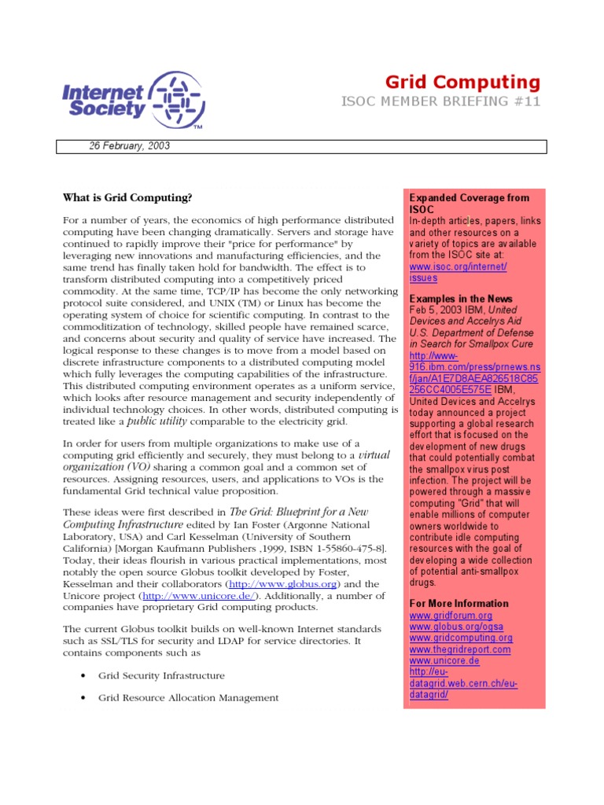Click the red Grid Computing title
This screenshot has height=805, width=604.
point(462,83)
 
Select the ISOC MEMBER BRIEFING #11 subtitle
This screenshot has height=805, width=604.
point(440,102)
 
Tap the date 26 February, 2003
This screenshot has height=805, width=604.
point(129,146)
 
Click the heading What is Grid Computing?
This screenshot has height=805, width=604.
point(127,197)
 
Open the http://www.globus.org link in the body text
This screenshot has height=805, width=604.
point(273,584)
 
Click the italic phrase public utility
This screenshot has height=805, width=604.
point(157,421)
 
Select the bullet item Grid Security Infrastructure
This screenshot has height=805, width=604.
point(161,675)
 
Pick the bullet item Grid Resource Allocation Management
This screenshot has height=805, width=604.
point(188,697)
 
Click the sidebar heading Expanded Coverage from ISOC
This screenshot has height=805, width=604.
point(469,204)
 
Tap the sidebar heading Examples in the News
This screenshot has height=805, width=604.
point(461,299)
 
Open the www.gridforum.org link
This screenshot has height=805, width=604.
point(451,616)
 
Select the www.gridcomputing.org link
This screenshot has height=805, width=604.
point(461,638)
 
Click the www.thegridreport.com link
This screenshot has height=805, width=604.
point(460,649)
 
